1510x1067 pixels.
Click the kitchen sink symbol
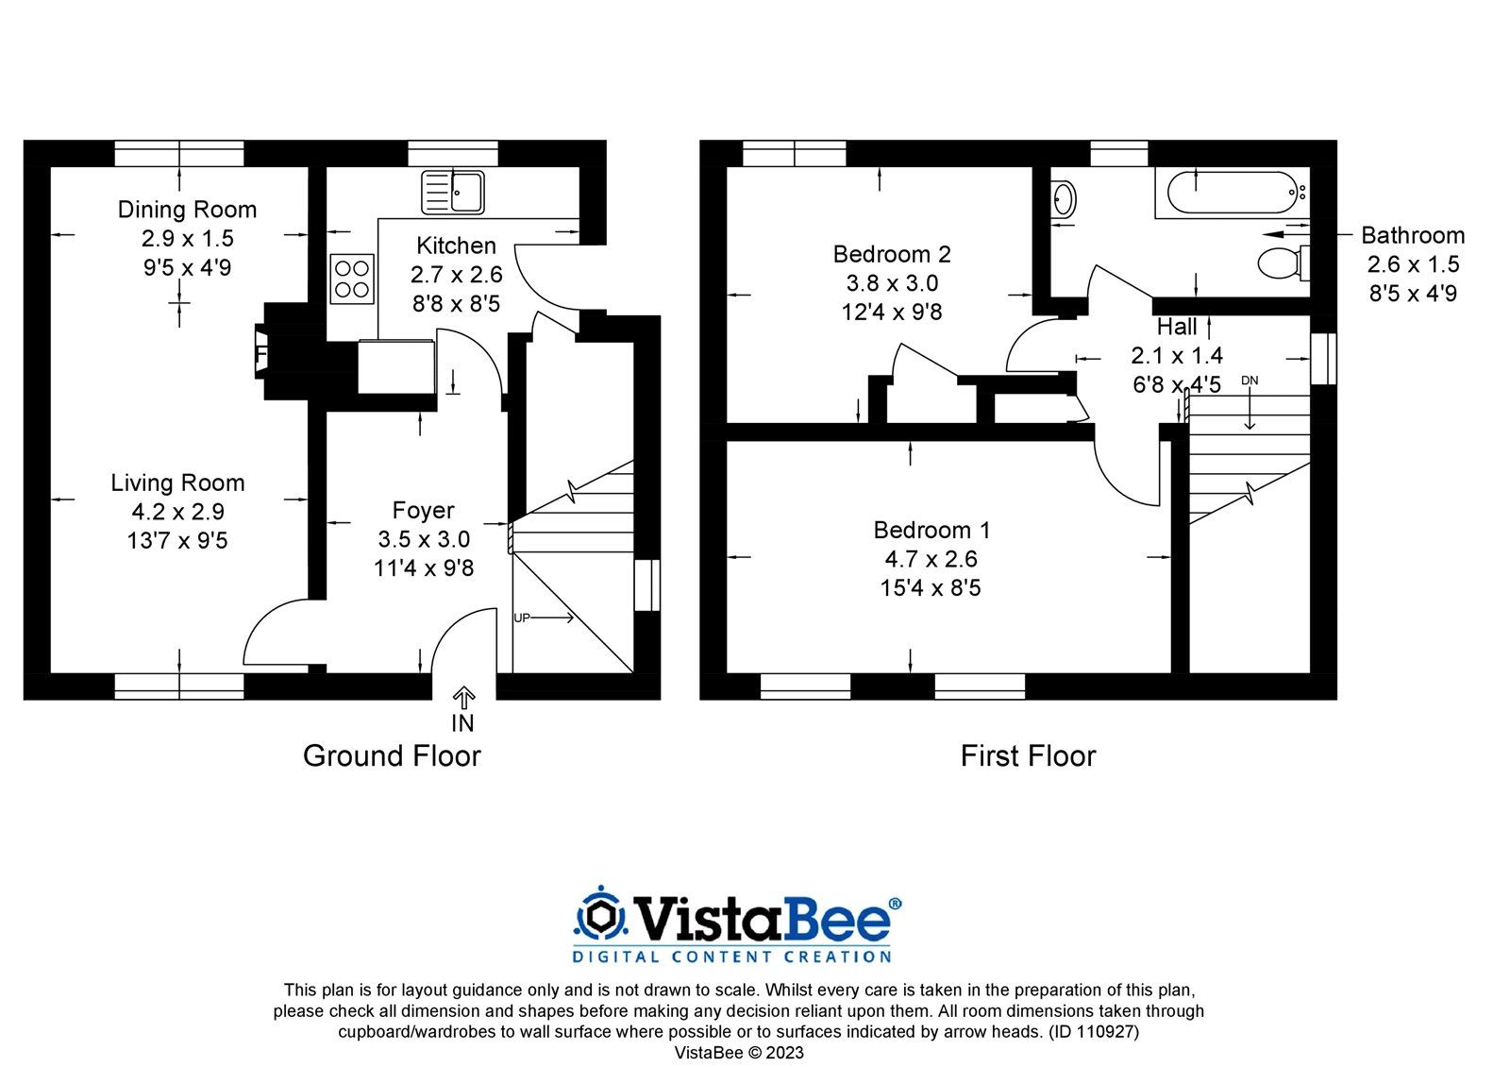click(452, 192)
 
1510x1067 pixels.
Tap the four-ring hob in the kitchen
click(351, 279)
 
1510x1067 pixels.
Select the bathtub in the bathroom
click(1231, 193)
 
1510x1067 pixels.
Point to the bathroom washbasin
click(1064, 200)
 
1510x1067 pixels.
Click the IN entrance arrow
click(462, 700)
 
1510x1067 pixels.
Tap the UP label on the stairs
click(522, 618)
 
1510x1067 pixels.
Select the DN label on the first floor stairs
click(1250, 381)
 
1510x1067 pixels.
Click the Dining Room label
click(187, 210)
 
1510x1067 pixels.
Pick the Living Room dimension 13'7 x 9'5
click(177, 541)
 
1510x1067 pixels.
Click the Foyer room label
click(423, 511)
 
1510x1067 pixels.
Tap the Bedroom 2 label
click(891, 254)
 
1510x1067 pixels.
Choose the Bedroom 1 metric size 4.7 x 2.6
click(931, 559)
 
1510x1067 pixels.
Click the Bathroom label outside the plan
click(1412, 235)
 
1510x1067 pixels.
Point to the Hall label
click(1177, 327)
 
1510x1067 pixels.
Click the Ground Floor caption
click(392, 756)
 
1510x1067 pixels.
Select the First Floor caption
click(1028, 756)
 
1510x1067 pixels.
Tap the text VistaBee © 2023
click(738, 1052)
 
